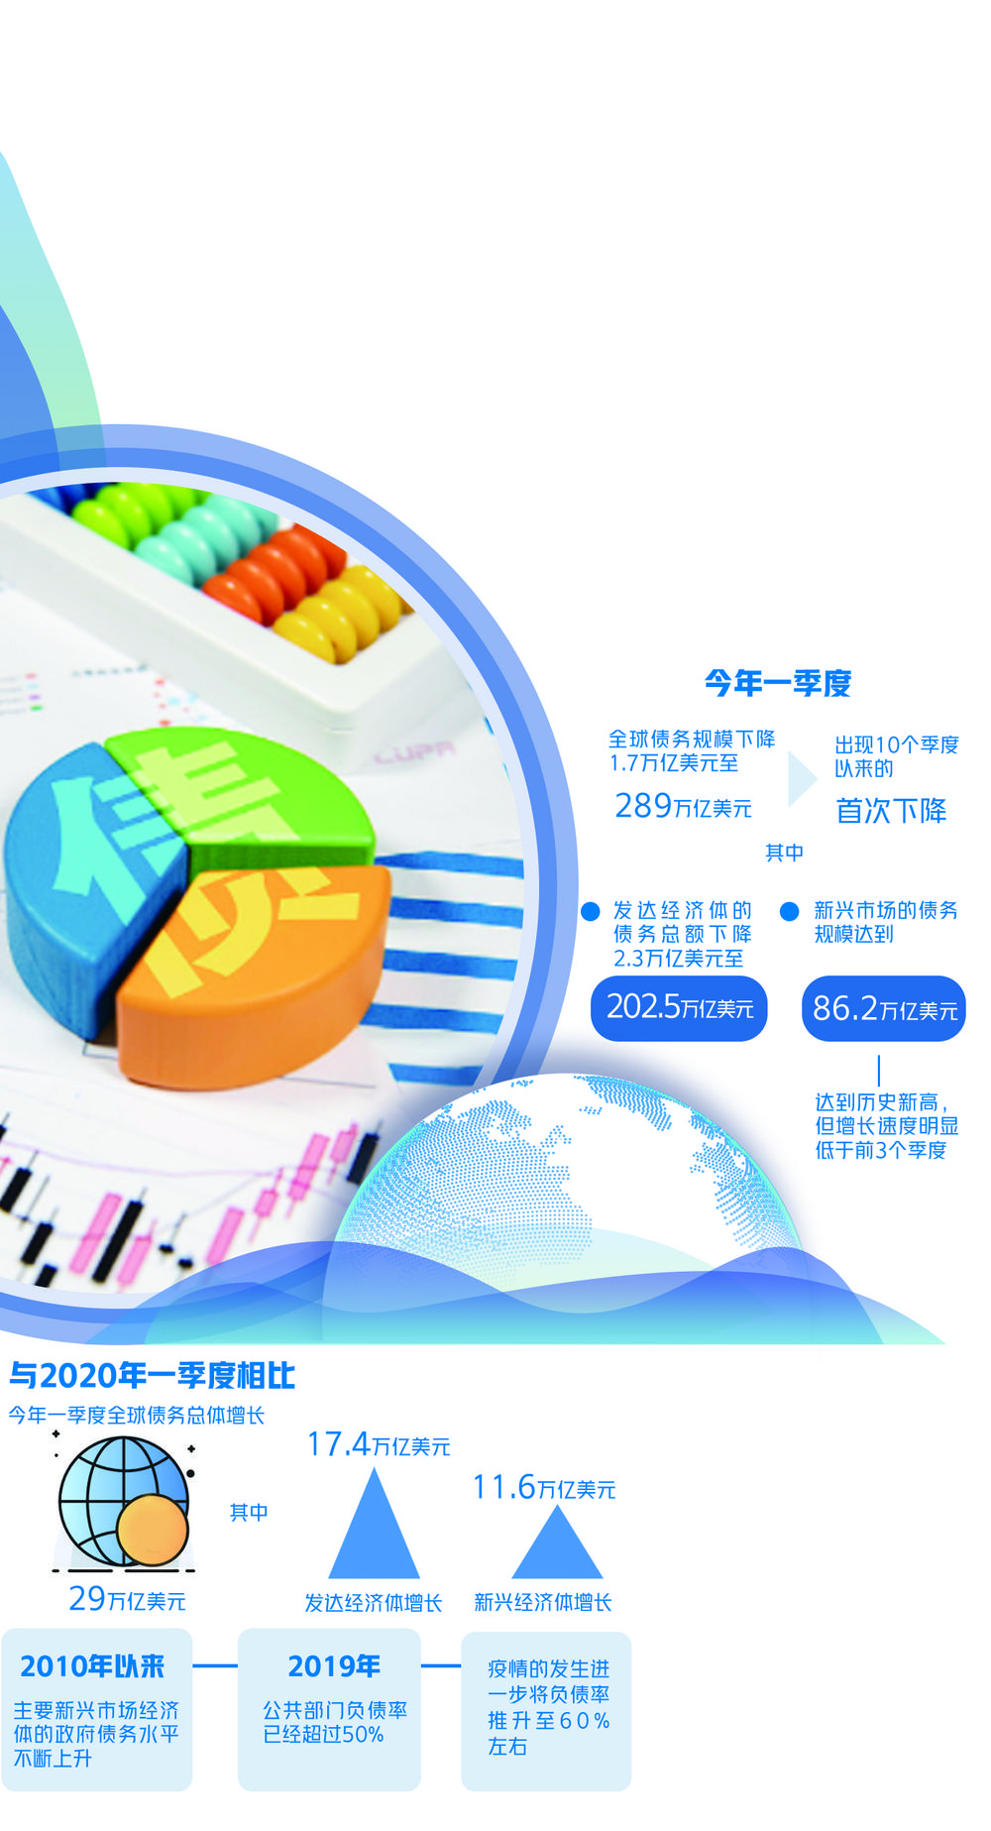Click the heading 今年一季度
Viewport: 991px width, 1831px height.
click(x=778, y=683)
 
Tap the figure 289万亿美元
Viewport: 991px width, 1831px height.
click(x=683, y=806)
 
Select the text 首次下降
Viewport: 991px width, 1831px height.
click(x=891, y=811)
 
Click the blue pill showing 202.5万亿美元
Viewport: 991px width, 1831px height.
click(x=680, y=1008)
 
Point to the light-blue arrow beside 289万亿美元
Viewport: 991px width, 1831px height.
click(x=801, y=779)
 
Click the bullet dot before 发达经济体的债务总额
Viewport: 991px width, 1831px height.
click(x=591, y=911)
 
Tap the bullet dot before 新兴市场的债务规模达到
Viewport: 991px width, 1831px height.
click(x=790, y=911)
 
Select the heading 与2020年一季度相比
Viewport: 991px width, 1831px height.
click(x=152, y=1375)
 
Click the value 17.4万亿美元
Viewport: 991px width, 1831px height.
click(x=379, y=1444)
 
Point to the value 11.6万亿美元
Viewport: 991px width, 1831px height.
click(x=544, y=1487)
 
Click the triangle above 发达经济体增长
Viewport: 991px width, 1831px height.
click(x=374, y=1524)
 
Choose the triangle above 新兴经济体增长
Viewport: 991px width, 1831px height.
click(x=557, y=1544)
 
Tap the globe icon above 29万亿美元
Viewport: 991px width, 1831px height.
click(x=123, y=1504)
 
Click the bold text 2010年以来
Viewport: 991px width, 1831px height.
click(x=92, y=1666)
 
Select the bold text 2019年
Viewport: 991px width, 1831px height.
click(x=334, y=1666)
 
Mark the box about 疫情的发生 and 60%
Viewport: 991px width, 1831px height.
click(x=546, y=1711)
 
